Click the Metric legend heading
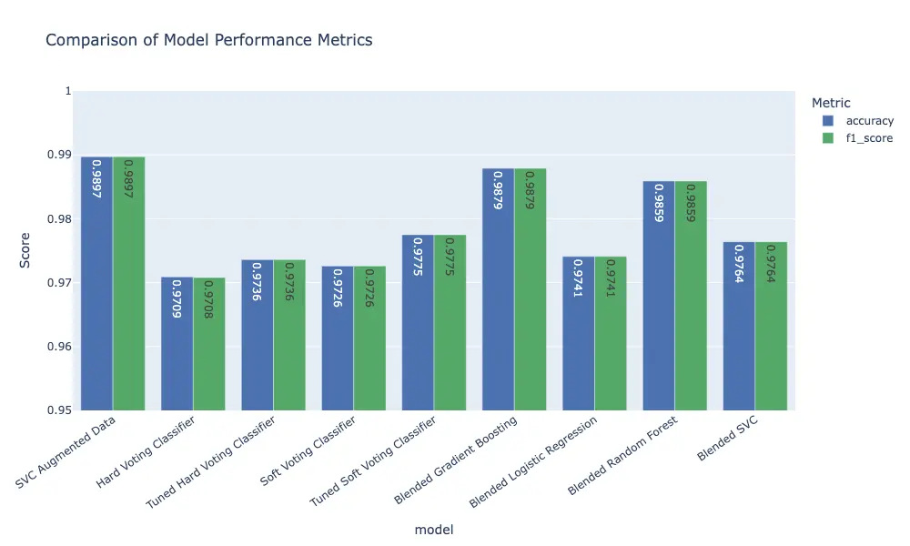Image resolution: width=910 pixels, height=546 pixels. coord(831,103)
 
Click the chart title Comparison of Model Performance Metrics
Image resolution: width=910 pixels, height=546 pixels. coord(208,40)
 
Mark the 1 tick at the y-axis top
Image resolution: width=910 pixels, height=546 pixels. coord(66,91)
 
